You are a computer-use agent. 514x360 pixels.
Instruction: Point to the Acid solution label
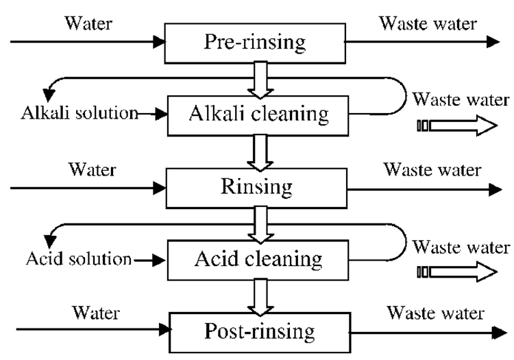coord(79,259)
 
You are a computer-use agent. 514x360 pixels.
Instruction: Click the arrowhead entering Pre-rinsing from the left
coord(161,42)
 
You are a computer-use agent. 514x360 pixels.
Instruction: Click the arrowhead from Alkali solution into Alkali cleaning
coord(161,114)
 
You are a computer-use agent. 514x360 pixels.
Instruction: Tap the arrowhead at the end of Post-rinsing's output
coord(493,332)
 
